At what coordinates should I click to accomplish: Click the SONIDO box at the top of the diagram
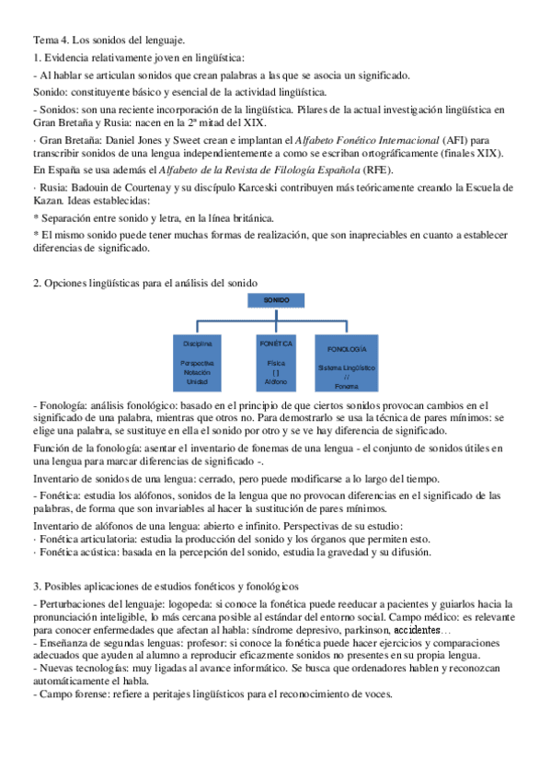(x=276, y=300)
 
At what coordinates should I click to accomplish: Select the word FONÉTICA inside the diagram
(x=276, y=343)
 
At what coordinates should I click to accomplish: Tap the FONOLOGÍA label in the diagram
(x=346, y=350)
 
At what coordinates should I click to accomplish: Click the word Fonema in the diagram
(x=346, y=386)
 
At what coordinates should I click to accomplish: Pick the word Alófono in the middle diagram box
(x=276, y=380)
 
